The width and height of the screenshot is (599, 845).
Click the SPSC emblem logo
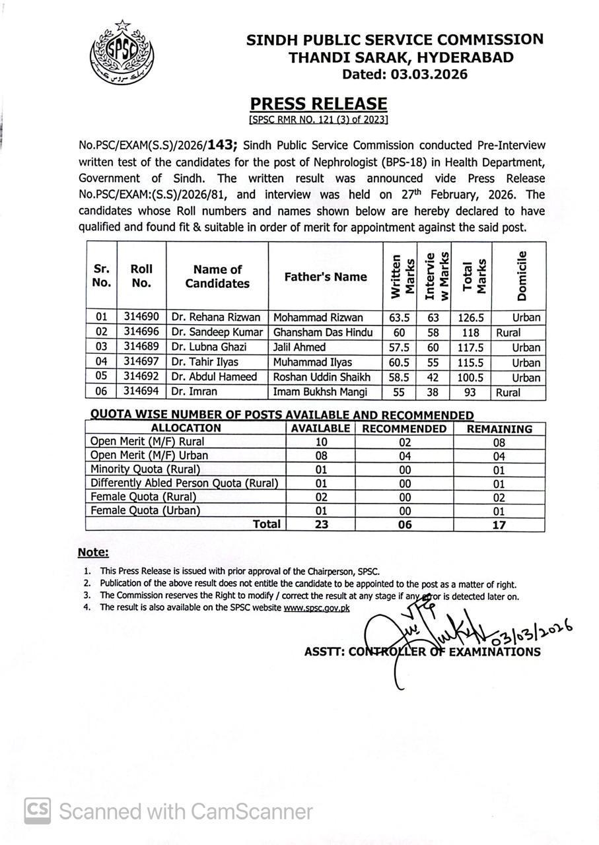tap(122, 52)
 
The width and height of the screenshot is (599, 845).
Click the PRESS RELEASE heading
tap(318, 104)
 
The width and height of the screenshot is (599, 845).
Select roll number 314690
tap(141, 317)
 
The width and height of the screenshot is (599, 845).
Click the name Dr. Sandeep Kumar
tap(217, 332)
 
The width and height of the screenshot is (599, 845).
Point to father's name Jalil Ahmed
tap(299, 347)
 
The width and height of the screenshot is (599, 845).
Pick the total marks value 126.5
tap(472, 318)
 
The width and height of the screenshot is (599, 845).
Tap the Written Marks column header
tap(400, 276)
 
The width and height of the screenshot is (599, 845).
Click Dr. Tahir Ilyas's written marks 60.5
tap(400, 362)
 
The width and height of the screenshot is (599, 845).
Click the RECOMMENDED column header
tap(404, 428)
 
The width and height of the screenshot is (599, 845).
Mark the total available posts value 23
tap(320, 524)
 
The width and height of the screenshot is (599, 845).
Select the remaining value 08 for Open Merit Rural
tap(499, 442)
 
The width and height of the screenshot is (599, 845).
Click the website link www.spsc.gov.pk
tap(316, 608)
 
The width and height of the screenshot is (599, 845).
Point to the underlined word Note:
tap(93, 553)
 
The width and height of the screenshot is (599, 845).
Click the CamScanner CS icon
tap(38, 810)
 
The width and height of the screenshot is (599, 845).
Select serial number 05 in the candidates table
tap(101, 378)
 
